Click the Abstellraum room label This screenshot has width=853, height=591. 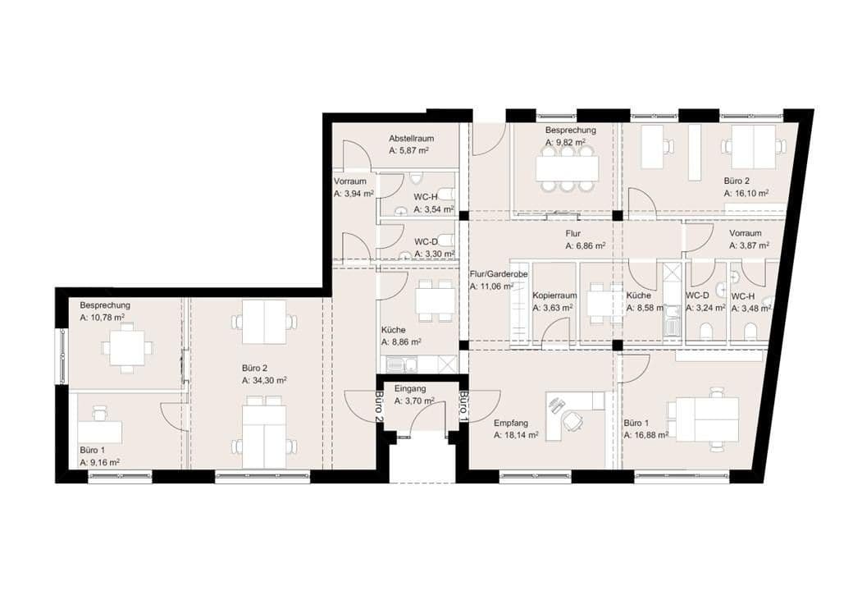tap(411, 139)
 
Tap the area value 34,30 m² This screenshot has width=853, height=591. tap(264, 381)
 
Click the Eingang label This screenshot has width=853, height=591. tap(410, 388)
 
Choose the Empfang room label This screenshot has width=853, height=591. tap(510, 424)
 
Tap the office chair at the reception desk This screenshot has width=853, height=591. tap(571, 421)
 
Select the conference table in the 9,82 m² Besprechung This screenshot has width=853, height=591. tap(568, 168)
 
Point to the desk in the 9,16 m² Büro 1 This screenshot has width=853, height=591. tap(101, 432)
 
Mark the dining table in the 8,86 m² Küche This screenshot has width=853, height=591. tap(435, 301)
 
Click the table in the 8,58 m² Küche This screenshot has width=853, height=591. tap(605, 305)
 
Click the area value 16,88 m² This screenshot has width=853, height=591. tap(645, 435)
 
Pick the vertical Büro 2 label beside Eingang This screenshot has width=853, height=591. tap(379, 405)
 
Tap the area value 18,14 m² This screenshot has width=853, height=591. tap(516, 436)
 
